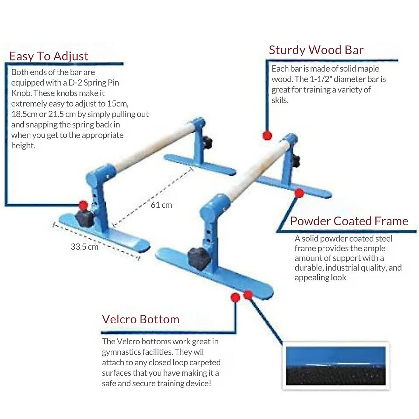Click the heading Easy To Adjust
tap(49, 56)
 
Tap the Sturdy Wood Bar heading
tap(316, 50)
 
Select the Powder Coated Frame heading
tap(349, 221)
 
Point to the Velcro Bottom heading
tap(140, 319)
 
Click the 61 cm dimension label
tap(161, 205)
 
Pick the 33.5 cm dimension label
tap(84, 247)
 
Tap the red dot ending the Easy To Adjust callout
tap(83, 205)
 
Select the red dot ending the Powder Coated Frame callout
tap(299, 193)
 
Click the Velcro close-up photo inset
tap(336, 366)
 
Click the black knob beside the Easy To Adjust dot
tap(85, 218)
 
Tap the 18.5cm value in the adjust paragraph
tap(24, 114)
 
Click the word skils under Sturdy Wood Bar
tap(280, 100)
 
